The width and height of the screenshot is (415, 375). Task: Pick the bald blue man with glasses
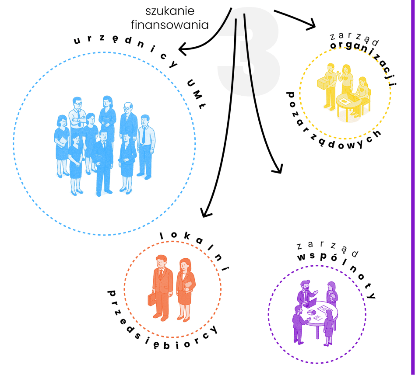point(128,118)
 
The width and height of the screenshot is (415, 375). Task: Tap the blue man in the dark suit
point(103,162)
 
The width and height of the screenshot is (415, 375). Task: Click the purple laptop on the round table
point(311,302)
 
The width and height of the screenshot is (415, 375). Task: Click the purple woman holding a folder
point(331,294)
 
